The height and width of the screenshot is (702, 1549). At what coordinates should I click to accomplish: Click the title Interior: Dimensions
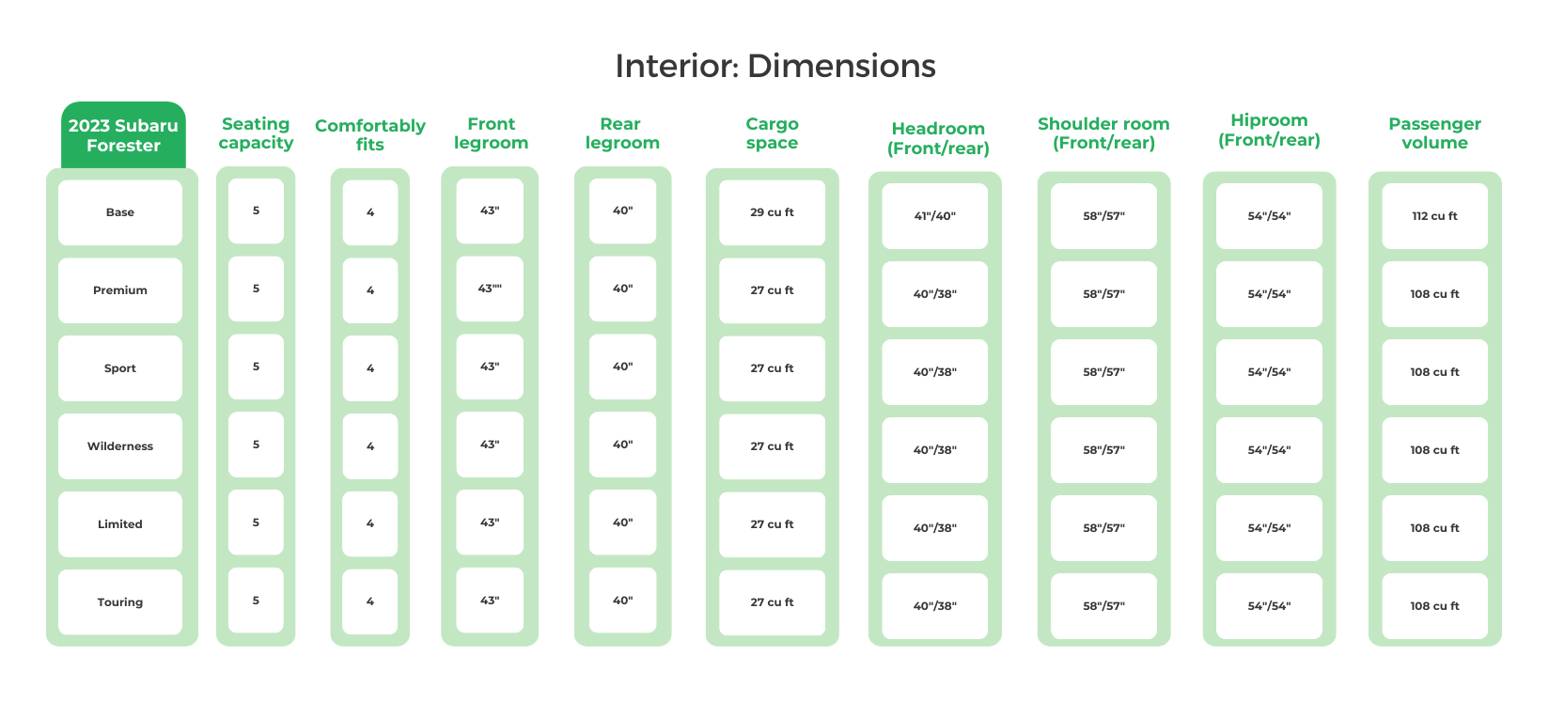(x=775, y=66)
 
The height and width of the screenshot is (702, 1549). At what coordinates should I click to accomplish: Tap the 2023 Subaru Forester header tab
(x=123, y=135)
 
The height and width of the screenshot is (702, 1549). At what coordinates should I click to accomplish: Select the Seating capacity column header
(x=256, y=133)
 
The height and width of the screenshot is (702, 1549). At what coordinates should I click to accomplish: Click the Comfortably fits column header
(x=370, y=134)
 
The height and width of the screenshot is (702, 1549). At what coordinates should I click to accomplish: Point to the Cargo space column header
(x=772, y=133)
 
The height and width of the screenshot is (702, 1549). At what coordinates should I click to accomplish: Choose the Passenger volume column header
(x=1434, y=133)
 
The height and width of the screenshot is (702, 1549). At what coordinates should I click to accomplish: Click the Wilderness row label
(x=120, y=446)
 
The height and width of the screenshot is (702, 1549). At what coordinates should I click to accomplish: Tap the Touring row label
(x=120, y=602)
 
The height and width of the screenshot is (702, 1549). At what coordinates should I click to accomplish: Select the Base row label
(x=120, y=212)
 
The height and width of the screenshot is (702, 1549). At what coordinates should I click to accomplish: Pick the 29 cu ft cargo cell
(x=772, y=212)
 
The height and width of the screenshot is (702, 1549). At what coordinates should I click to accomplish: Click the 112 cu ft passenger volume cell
(x=1434, y=216)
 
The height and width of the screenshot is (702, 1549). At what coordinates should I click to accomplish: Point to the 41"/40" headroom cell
(x=934, y=216)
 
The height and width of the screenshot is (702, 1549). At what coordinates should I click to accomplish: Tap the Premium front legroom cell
(x=490, y=289)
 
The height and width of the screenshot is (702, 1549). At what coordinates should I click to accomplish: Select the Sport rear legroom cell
(x=622, y=367)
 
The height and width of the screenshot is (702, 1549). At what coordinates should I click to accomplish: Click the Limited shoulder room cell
(x=1103, y=528)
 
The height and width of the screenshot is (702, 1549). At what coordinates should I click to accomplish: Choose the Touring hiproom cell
(x=1269, y=606)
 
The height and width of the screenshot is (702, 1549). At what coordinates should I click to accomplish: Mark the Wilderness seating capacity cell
(x=256, y=445)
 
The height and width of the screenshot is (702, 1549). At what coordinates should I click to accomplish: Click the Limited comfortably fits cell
(x=370, y=523)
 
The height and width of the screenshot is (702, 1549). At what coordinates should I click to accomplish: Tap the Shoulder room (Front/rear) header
(x=1103, y=133)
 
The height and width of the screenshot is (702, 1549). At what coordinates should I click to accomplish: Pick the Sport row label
(x=120, y=368)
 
